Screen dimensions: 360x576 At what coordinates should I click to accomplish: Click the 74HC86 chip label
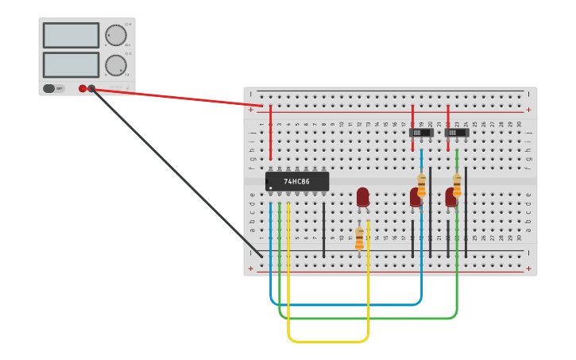296,181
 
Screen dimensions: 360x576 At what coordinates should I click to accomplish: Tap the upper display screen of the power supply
71,35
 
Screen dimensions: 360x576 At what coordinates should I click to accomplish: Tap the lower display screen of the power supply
71,64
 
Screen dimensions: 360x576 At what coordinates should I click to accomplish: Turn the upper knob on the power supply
116,35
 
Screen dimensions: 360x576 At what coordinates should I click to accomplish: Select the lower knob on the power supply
116,65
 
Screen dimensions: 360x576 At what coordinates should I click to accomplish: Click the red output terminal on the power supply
83,88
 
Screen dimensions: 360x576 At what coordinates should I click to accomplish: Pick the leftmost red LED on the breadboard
363,196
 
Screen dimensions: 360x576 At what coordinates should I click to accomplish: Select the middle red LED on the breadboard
415,196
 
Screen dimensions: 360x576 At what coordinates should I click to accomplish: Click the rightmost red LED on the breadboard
450,196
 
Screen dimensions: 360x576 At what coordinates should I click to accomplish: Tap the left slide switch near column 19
421,133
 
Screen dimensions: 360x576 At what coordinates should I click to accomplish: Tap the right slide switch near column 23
457,133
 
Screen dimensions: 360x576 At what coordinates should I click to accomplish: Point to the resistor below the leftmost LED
359,238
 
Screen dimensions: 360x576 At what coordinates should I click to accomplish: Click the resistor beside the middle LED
422,184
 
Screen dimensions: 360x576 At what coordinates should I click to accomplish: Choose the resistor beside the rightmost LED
457,184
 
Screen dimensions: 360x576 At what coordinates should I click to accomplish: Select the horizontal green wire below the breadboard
365,318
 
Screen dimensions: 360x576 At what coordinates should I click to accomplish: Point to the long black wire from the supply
175,171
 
